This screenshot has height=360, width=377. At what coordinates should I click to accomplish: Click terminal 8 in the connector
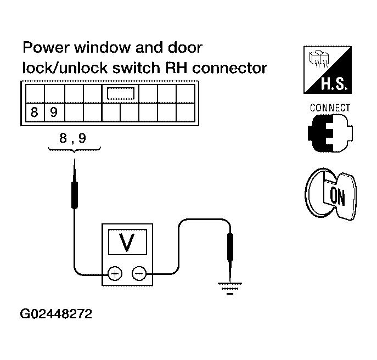(35, 113)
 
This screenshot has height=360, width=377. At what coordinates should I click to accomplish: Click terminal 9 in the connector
(53, 113)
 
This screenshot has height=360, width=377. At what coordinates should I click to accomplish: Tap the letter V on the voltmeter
(127, 242)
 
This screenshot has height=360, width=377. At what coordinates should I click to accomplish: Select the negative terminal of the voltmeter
(138, 272)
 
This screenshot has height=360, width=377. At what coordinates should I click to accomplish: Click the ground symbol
(229, 286)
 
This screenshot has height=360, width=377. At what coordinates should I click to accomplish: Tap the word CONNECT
(330, 108)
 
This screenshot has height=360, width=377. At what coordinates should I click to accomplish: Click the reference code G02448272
(56, 315)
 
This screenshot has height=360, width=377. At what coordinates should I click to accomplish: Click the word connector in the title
(234, 68)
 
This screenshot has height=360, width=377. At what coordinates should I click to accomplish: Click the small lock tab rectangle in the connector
(121, 93)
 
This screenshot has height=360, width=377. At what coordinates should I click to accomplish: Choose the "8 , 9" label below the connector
(73, 139)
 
